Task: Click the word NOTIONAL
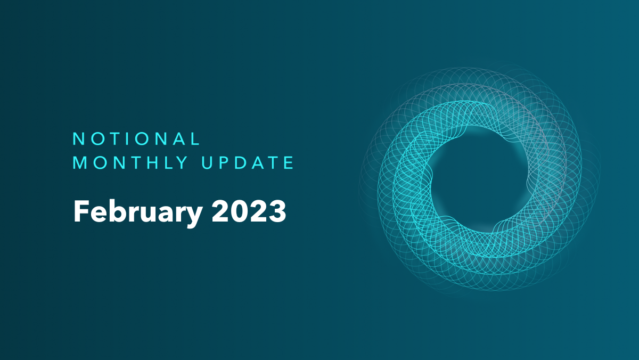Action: (136, 139)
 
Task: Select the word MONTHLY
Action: (131, 163)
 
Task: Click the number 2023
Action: (249, 211)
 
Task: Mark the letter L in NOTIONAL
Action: (195, 139)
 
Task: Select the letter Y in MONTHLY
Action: (184, 163)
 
